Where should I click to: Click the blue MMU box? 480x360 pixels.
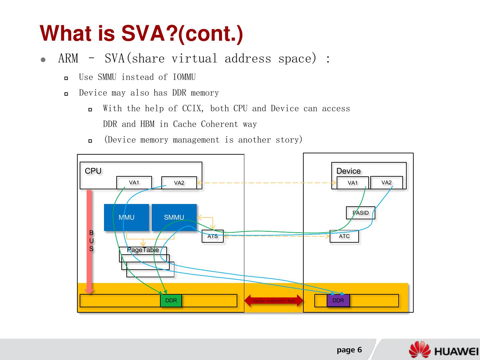[126, 217]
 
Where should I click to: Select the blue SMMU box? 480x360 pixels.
[174, 217]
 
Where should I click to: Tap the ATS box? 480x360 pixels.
[213, 236]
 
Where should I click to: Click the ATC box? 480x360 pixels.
[344, 236]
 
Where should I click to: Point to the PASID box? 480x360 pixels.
[361, 213]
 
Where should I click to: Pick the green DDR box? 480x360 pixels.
[171, 300]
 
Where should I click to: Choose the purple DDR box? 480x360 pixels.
[338, 300]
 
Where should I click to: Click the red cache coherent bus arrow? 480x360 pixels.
[274, 301]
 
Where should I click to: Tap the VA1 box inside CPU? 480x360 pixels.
[134, 183]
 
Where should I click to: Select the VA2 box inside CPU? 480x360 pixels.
[179, 183]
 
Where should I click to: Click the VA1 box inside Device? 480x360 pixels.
[353, 183]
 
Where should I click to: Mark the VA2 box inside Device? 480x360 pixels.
[387, 182]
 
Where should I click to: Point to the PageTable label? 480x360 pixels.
[143, 250]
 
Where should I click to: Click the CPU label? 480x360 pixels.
[93, 171]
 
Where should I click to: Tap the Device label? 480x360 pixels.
[348, 171]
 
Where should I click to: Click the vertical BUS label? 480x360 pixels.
[91, 241]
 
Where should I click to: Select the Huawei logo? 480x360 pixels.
[444, 350]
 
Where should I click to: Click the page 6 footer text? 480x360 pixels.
[349, 350]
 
